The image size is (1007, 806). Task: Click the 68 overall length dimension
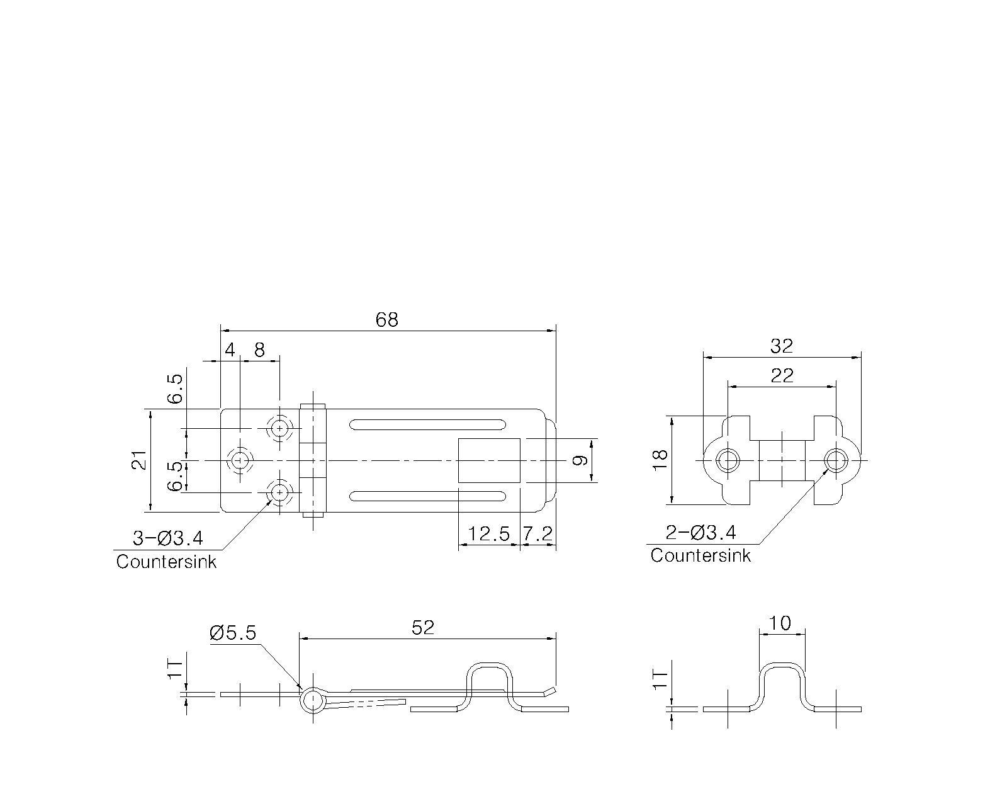tap(386, 320)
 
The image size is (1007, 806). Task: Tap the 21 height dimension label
tap(140, 460)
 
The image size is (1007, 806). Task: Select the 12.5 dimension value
tap(488, 534)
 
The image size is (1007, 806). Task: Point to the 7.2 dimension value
tap(537, 534)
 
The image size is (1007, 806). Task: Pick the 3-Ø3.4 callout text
tap(168, 538)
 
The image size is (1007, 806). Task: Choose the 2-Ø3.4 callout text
tap(700, 533)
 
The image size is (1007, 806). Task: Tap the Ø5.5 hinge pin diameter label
tap(233, 633)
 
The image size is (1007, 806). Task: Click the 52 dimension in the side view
tap(423, 628)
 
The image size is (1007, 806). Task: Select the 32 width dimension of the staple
tap(782, 346)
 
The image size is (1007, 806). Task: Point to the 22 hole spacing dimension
tap(782, 375)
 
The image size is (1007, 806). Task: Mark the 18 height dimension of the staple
tap(660, 460)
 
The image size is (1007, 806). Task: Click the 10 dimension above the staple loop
tap(780, 623)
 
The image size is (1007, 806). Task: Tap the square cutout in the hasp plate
tap(489, 460)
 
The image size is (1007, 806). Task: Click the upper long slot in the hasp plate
tap(428, 425)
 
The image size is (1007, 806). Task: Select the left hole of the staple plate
tap(728, 460)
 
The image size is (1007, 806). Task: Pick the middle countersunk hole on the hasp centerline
tap(240, 461)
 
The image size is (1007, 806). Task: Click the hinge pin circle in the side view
tap(313, 700)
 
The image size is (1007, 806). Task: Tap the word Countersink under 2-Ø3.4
tap(700, 556)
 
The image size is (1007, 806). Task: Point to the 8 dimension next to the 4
tap(259, 350)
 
